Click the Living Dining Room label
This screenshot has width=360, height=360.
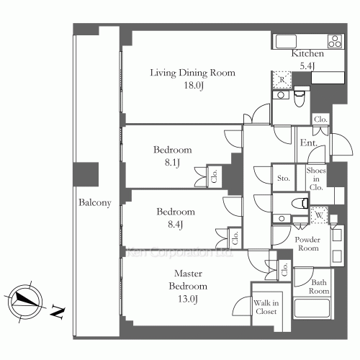[192, 73]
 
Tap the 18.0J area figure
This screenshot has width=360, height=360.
[194, 86]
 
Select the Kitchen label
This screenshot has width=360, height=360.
[307, 53]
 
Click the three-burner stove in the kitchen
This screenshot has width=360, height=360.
[335, 41]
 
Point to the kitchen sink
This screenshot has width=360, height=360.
[286, 42]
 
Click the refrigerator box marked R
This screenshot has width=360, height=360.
[282, 80]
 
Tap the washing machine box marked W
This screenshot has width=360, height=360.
[319, 215]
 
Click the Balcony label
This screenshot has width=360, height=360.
[95, 203]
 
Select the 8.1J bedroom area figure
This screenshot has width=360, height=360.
[172, 163]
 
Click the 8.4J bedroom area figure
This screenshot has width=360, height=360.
[176, 225]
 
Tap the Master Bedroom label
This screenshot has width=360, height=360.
[188, 280]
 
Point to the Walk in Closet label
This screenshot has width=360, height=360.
[266, 307]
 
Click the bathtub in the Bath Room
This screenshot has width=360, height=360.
[312, 308]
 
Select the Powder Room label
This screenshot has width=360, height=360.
[307, 243]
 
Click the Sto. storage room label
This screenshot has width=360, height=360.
[284, 178]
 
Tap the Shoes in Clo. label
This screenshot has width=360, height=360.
[316, 179]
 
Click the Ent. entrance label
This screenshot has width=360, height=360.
[309, 143]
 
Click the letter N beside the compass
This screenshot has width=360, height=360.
[58, 312]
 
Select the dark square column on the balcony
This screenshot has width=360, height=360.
[86, 174]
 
